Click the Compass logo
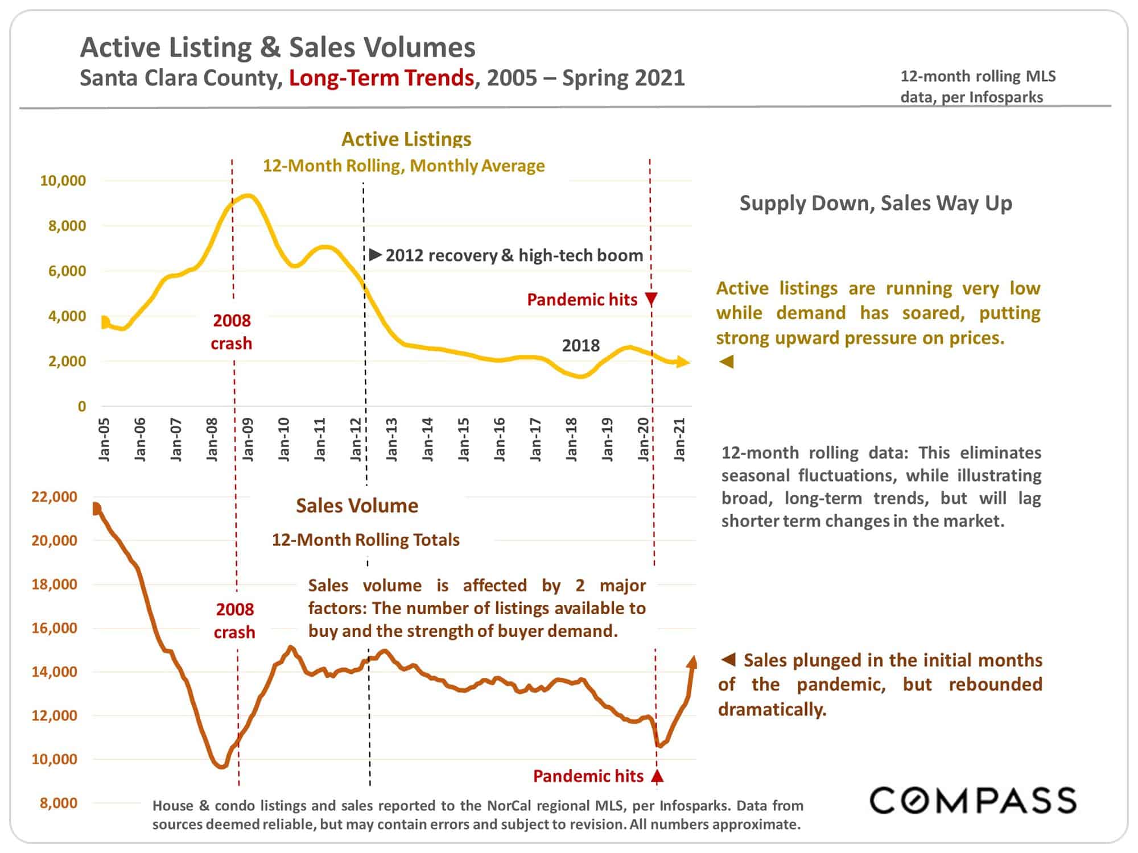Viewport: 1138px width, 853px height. [x=973, y=800]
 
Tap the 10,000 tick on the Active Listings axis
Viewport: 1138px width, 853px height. [x=63, y=181]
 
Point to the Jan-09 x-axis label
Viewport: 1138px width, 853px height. [x=248, y=439]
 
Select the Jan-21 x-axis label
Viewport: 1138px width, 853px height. [x=679, y=439]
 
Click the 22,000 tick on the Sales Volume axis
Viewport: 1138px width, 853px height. [x=54, y=496]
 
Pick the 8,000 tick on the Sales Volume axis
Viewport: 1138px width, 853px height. [x=59, y=802]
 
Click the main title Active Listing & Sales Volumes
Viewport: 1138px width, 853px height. [x=278, y=47]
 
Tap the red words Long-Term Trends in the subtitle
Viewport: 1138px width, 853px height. [x=381, y=77]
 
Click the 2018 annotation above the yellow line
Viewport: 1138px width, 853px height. [x=581, y=345]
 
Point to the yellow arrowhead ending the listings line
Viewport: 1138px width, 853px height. [x=683, y=362]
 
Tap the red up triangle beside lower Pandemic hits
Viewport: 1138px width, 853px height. [x=657, y=776]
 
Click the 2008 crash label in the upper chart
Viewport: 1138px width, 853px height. [x=232, y=332]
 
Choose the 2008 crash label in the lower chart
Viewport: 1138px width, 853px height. [x=234, y=621]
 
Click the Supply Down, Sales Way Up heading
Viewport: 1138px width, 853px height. [x=876, y=203]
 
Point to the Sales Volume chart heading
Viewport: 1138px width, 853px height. [x=357, y=506]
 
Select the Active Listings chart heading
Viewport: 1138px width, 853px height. [x=406, y=139]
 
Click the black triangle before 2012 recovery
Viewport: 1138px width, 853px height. [x=376, y=255]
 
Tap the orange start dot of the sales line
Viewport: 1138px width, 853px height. [x=96, y=508]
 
